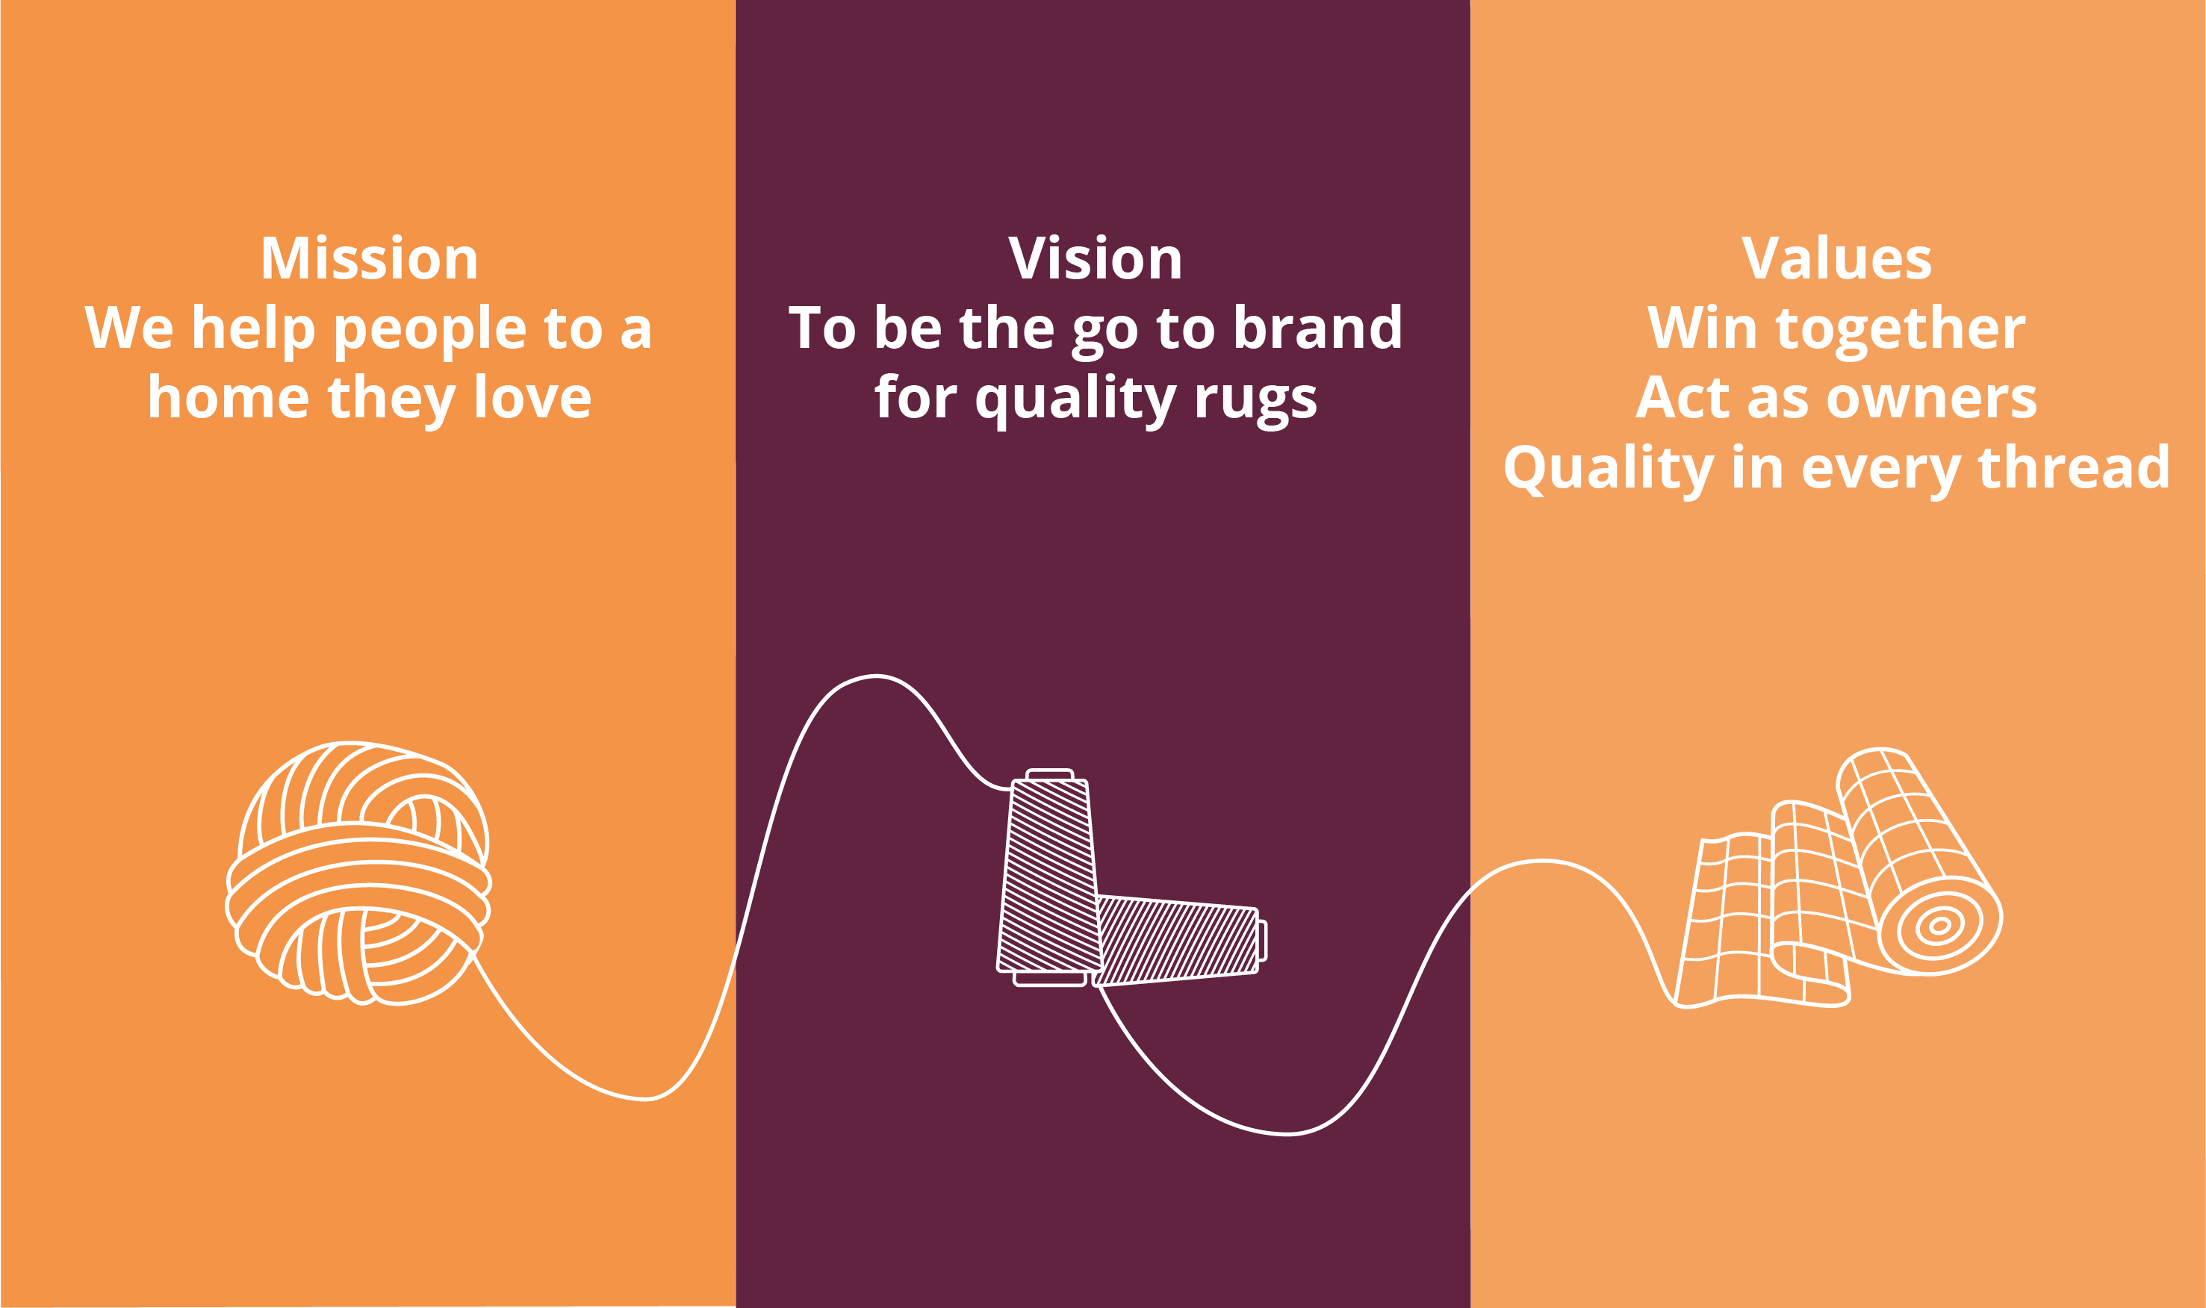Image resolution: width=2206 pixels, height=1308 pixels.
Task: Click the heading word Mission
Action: coord(370,258)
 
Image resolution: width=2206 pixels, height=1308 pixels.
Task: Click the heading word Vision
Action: coord(1095,258)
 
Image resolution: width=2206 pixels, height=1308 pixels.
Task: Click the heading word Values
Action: coord(1836,258)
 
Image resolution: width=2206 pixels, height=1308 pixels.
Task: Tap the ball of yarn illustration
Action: coord(358,873)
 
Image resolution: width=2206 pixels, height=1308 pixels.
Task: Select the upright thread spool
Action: coord(1049,878)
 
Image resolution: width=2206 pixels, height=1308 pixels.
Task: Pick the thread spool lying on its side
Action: coord(1180,941)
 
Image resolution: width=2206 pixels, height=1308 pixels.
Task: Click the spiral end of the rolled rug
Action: coord(1939,926)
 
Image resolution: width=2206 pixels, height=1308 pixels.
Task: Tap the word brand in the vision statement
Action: coord(1317,327)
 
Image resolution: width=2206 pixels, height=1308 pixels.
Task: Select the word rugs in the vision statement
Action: coord(1255,400)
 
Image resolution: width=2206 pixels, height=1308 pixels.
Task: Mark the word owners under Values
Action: coord(1932,399)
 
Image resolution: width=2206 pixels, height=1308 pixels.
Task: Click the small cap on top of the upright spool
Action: coord(1049,774)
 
